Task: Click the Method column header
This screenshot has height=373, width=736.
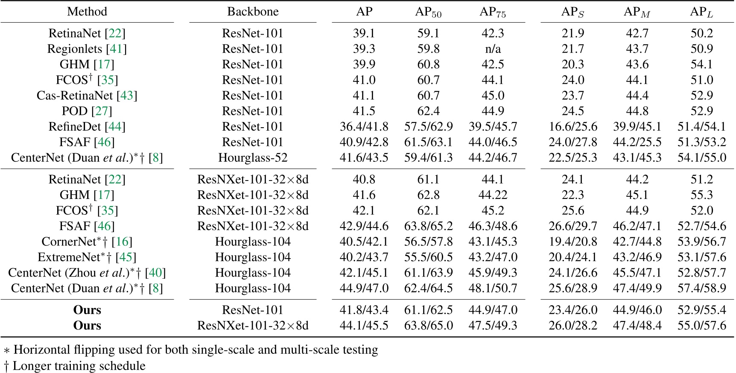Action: (x=87, y=12)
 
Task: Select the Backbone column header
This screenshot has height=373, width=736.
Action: (x=253, y=12)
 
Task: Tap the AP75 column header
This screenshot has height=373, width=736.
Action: (x=493, y=12)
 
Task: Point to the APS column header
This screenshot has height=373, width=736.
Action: (x=572, y=12)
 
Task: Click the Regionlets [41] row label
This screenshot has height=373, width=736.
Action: (x=87, y=49)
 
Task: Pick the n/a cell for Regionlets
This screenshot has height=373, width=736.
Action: (x=493, y=49)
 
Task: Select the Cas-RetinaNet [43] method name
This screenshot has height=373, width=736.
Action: (x=87, y=95)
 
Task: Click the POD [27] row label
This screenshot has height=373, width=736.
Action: (x=87, y=111)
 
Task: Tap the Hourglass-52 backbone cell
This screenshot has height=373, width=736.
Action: (x=253, y=157)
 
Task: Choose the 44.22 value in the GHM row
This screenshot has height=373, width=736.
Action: (x=493, y=195)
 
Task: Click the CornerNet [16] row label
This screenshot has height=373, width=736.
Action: (x=87, y=242)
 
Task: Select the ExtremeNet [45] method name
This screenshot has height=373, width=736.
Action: (x=87, y=257)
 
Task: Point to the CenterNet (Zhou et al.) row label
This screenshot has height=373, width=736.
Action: (x=87, y=273)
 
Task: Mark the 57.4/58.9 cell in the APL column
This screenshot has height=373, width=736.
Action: (x=701, y=288)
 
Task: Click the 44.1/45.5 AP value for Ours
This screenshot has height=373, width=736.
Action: (x=364, y=325)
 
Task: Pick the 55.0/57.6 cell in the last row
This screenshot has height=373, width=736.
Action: (x=701, y=325)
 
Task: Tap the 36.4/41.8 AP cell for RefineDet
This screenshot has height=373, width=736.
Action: (x=364, y=126)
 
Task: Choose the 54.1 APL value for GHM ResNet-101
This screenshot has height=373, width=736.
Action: (x=701, y=64)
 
